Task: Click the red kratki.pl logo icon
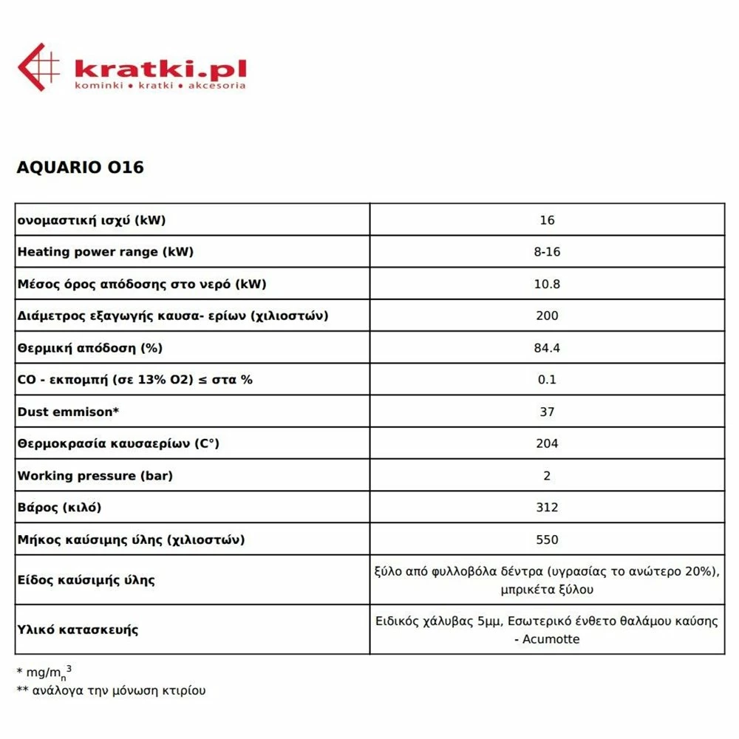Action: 38,67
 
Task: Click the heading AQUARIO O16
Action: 80,167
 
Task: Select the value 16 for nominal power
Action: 547,220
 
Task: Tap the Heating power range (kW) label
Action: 105,252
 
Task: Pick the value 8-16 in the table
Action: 547,252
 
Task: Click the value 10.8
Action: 547,284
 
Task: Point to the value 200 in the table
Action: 547,316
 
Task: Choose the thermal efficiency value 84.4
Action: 547,348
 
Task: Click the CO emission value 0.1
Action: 547,380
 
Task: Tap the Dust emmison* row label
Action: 68,412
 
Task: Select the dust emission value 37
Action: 547,412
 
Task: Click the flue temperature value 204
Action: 547,443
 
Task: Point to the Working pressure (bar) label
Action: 95,476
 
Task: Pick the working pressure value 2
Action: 547,476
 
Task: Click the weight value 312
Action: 547,508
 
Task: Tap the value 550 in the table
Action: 547,539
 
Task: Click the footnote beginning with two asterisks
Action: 111,691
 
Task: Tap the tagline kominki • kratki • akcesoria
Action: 160,86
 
